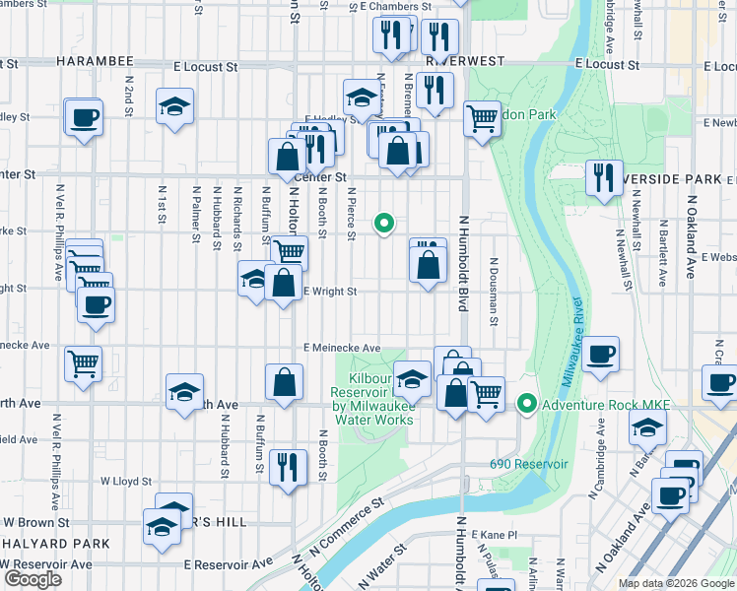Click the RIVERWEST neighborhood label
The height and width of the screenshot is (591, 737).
[464, 60]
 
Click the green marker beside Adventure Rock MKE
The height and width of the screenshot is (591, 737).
[527, 404]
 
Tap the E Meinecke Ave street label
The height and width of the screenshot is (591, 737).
[341, 348]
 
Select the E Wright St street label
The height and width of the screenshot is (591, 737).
[329, 291]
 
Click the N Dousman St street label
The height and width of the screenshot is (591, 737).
[493, 295]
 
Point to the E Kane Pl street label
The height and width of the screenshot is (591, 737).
[494, 534]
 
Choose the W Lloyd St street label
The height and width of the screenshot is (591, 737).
[125, 482]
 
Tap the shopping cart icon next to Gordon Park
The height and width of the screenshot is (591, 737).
[482, 119]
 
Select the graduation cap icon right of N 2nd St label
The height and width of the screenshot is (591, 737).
[175, 106]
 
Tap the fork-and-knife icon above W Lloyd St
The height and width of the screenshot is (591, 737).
[285, 465]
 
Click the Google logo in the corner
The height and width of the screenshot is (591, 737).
[33, 579]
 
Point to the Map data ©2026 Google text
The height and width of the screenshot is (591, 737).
[675, 583]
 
